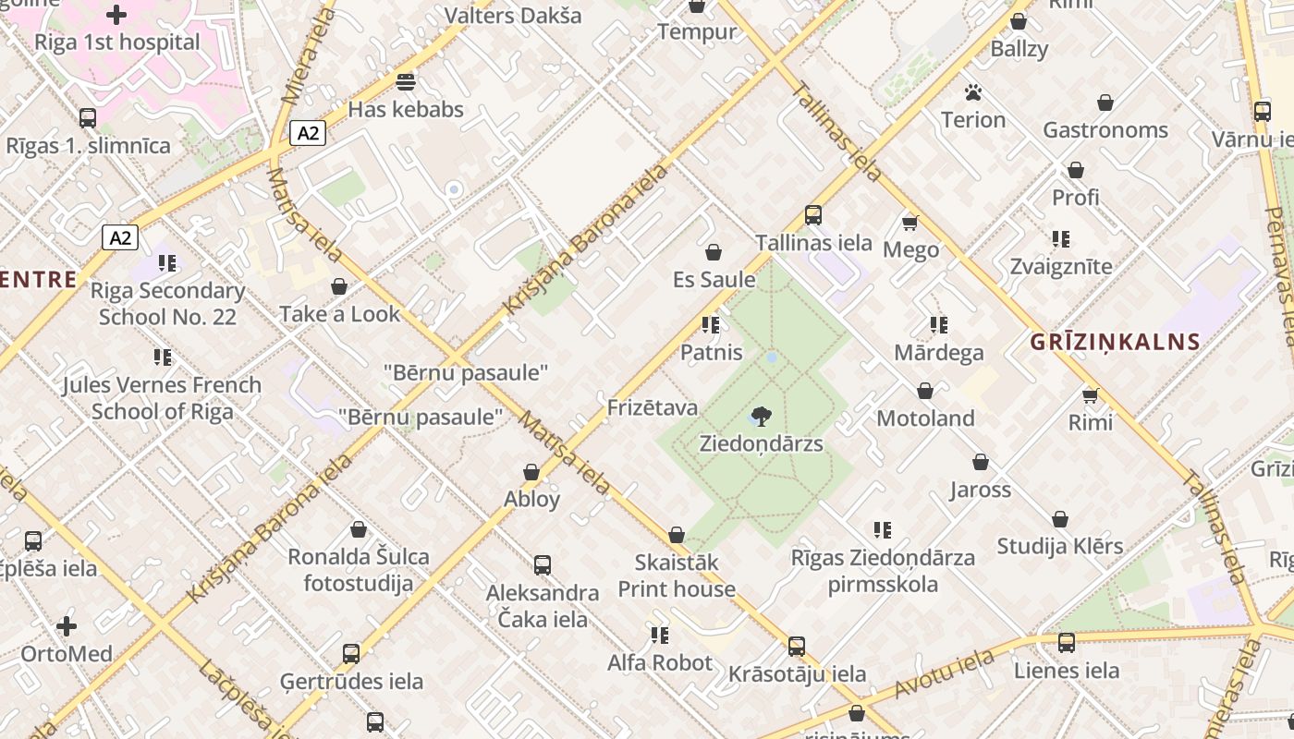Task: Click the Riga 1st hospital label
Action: pos(116,42)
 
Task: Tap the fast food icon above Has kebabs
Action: pos(405,82)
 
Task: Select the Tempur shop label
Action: pos(697,31)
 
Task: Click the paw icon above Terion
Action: pos(972,92)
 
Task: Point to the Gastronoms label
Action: pos(1105,130)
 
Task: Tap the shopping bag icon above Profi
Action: pos(1076,171)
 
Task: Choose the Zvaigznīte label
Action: pos(1060,266)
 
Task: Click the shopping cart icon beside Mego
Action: pos(910,223)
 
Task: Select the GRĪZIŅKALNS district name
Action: pos(1115,342)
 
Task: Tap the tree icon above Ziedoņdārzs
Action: pos(761,417)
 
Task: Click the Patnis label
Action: pos(711,352)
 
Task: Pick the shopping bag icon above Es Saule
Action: pos(714,252)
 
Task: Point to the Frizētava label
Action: pos(653,407)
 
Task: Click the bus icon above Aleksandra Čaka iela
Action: pos(543,565)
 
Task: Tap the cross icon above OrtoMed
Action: pos(67,626)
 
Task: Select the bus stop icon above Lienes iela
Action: pos(1067,643)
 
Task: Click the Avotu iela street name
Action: pos(944,674)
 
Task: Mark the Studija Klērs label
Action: pos(1059,546)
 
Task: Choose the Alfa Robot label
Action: pos(659,662)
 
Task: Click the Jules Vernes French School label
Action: pos(162,397)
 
